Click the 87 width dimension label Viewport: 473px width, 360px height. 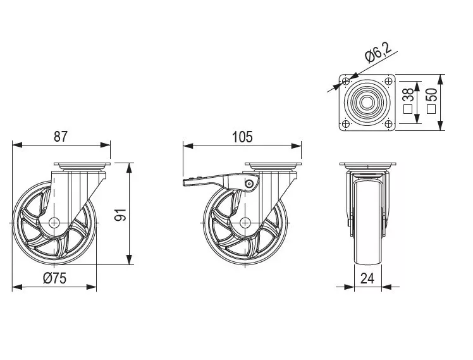click(x=61, y=137)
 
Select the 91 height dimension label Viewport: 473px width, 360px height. click(x=121, y=214)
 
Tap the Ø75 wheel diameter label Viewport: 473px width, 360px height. click(x=54, y=278)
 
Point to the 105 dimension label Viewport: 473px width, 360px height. click(x=242, y=137)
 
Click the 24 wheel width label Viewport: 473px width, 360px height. click(x=367, y=278)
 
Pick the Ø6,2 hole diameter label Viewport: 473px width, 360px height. click(x=378, y=53)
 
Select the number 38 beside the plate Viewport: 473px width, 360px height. click(x=408, y=95)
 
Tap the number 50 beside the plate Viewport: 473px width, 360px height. click(x=432, y=95)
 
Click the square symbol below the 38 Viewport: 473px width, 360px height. click(x=408, y=109)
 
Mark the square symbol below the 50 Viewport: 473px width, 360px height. click(x=431, y=109)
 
